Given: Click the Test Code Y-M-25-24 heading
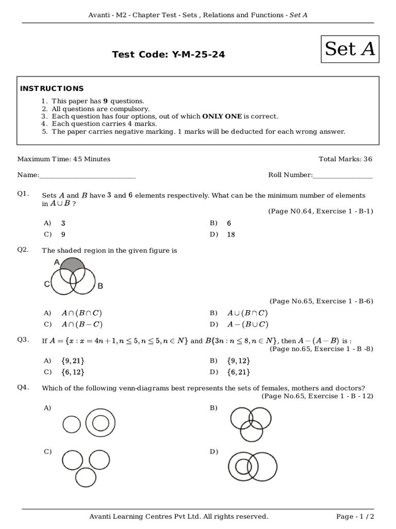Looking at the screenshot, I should tap(169, 54).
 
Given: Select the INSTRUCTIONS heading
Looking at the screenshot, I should tap(52, 88).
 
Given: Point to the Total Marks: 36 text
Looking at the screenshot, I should tap(345, 159).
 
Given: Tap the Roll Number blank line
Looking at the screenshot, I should tap(342, 176).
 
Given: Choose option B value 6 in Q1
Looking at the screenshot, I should tap(229, 223).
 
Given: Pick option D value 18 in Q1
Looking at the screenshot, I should tap(230, 235).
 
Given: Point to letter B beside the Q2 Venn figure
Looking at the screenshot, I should tap(100, 286).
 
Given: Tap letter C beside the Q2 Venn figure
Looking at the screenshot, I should tap(47, 284).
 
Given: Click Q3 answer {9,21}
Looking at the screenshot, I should tap(73, 361).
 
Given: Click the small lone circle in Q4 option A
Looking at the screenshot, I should tap(72, 425).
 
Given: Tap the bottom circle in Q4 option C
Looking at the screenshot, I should tap(86, 476).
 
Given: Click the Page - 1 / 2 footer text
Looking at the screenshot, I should tap(355, 517).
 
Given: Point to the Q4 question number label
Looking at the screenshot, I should tap(23, 387).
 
